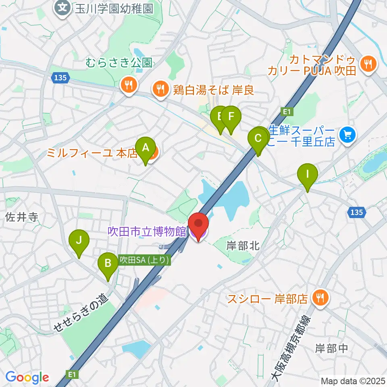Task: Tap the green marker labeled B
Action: pyautogui.click(x=108, y=264)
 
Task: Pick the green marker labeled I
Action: pyautogui.click(x=307, y=175)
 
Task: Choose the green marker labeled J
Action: pyautogui.click(x=79, y=241)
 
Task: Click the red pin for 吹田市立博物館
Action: pyautogui.click(x=199, y=224)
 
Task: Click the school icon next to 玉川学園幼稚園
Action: pyautogui.click(x=63, y=7)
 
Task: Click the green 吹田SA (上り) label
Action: pyautogui.click(x=144, y=260)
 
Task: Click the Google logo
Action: pyautogui.click(x=27, y=377)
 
